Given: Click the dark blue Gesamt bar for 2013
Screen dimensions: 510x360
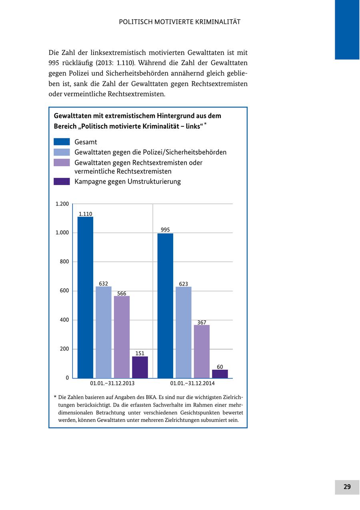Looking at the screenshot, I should pos(85,297).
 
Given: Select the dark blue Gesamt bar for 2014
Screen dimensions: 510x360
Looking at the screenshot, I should pos(165,306).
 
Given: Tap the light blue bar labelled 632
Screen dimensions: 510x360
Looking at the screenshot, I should pos(104,332).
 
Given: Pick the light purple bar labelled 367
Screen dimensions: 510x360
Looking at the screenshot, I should pos(202,351).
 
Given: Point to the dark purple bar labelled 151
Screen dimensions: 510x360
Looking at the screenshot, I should pos(140,367).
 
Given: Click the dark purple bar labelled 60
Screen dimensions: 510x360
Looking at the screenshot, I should pos(220,374).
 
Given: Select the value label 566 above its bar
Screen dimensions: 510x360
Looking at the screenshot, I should pos(122,293).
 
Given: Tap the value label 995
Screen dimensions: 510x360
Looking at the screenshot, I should pos(165,230).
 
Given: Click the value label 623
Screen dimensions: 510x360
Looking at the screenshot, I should pos(184,284).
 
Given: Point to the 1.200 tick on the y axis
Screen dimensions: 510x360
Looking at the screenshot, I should pos(62,204).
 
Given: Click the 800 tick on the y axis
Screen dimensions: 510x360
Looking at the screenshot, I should pos(64,262).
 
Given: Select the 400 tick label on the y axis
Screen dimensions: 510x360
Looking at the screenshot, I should pos(64,320).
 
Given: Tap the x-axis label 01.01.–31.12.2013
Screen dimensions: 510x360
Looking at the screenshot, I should pos(112,383).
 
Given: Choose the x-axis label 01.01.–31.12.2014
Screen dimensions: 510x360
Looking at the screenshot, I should pos(192,383).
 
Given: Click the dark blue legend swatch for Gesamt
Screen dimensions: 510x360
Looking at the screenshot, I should pos(62,142).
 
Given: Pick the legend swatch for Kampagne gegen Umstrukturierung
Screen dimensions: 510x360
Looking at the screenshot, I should pos(62,181).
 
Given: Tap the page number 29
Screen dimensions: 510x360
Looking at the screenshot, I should pos(347,487).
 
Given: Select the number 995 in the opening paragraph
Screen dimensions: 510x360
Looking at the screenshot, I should pos(54,63).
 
